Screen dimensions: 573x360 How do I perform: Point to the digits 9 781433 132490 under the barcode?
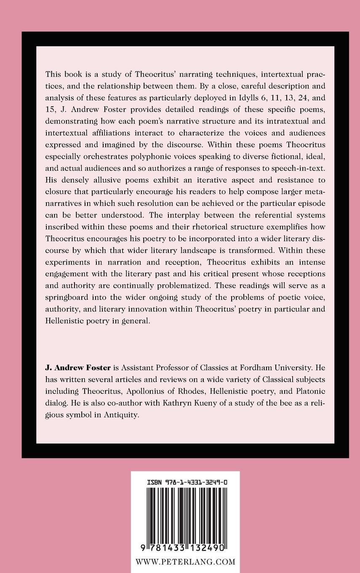tap(185, 549)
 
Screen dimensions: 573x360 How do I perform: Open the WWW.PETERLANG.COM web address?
tap(185, 562)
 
